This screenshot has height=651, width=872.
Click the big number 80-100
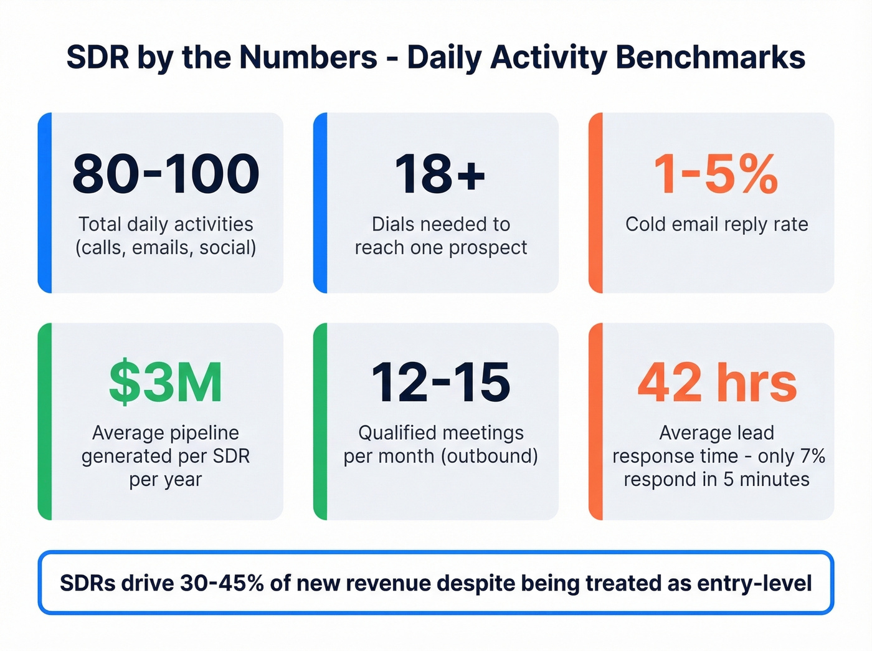[166, 174]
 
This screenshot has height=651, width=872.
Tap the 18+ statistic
[440, 174]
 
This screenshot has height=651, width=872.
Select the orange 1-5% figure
[716, 174]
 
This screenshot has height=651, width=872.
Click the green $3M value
[166, 383]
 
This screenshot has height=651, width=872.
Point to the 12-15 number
[440, 383]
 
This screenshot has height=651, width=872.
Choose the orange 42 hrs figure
[717, 383]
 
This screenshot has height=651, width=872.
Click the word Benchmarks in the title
[710, 57]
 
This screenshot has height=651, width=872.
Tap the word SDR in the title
[97, 57]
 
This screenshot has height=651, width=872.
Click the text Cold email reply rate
[716, 224]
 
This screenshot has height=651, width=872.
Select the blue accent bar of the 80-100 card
[44, 202]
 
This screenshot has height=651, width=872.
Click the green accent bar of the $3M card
[44, 421]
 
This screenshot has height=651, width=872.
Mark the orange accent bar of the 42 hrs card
[595, 421]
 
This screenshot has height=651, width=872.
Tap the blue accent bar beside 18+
[320, 202]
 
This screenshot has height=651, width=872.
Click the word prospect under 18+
[488, 248]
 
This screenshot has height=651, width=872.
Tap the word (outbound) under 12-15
[489, 456]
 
